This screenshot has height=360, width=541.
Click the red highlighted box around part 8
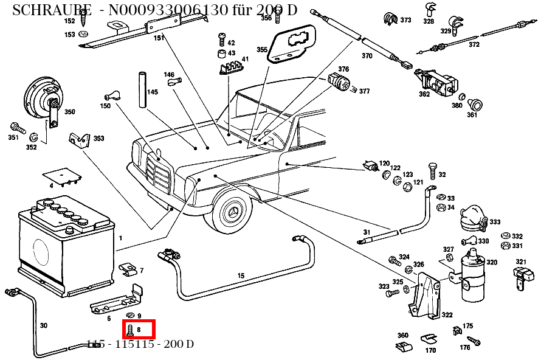tap(141, 330)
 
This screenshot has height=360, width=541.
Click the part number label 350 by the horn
tap(70, 112)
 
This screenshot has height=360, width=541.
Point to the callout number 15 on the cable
tap(241, 276)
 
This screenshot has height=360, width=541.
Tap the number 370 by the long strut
tap(367, 56)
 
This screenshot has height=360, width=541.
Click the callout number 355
tap(261, 49)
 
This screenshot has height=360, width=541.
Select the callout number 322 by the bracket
tap(447, 315)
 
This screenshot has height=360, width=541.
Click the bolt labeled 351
tap(17, 128)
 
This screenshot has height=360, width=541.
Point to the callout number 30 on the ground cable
tap(43, 325)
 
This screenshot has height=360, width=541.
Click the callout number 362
tap(424, 94)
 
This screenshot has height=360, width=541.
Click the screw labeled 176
tap(475, 342)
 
